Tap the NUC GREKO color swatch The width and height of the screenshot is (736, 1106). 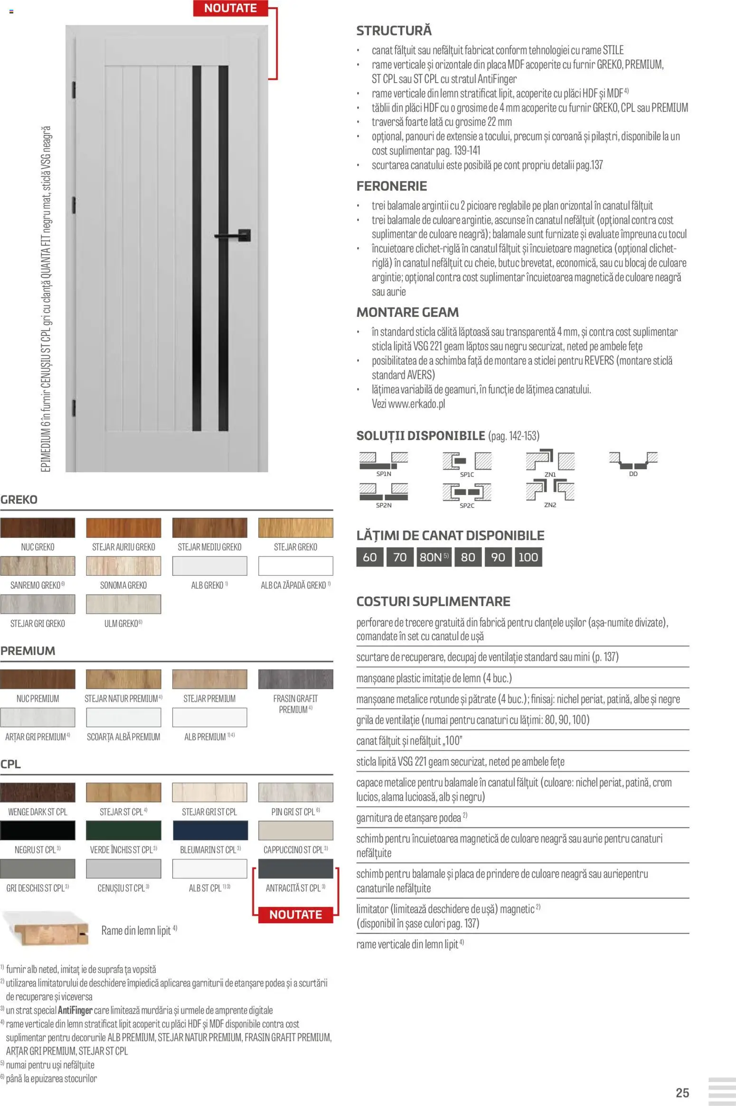point(38,527)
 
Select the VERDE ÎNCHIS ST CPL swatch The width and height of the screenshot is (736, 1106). point(123,830)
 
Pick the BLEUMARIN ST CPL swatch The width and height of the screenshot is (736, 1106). point(210,830)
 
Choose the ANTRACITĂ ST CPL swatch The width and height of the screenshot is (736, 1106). point(295,869)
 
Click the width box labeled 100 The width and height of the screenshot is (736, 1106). point(528,557)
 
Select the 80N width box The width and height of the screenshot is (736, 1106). point(434,557)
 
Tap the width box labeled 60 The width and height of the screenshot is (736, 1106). point(369,557)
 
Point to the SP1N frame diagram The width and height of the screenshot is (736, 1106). point(384,460)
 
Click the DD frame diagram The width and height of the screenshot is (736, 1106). point(633,460)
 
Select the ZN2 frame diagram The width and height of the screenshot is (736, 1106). point(550,491)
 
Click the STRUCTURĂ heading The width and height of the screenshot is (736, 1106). point(394,31)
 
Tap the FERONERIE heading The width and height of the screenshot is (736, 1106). point(391,186)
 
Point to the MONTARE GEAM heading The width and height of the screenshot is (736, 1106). point(407,312)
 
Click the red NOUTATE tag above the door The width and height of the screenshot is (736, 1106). point(230,8)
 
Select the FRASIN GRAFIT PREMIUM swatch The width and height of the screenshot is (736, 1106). point(295,679)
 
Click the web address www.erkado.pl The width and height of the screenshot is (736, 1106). point(416,404)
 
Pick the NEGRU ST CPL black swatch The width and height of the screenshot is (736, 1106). point(38,830)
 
